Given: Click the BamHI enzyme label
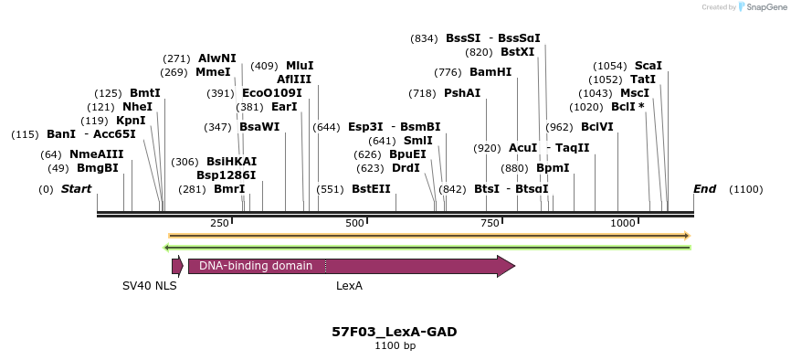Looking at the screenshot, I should pyautogui.click(x=490, y=72).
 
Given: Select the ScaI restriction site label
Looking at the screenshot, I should pyautogui.click(x=648, y=66).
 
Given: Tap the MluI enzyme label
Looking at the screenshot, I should pyautogui.click(x=300, y=66).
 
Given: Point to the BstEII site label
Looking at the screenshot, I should pyautogui.click(x=371, y=189).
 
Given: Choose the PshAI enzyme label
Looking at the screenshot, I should pyautogui.click(x=462, y=93).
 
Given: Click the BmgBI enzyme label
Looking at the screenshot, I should pyautogui.click(x=98, y=168).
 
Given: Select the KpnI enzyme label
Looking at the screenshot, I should pyautogui.click(x=131, y=121).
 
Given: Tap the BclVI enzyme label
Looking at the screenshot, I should pyautogui.click(x=597, y=127).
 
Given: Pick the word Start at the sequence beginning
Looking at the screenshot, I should pyautogui.click(x=77, y=189).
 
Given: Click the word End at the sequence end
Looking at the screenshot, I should pyautogui.click(x=704, y=189).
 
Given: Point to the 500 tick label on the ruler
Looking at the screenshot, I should pyautogui.click(x=354, y=223).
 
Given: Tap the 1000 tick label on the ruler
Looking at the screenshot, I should pyautogui.click(x=623, y=223).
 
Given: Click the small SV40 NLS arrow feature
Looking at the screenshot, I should pyautogui.click(x=177, y=266).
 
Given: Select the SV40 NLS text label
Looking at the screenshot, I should pyautogui.click(x=150, y=286).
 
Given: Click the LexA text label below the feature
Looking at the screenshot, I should pyautogui.click(x=349, y=286).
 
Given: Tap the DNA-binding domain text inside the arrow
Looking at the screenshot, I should pyautogui.click(x=256, y=266).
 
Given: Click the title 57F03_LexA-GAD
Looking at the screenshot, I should pyautogui.click(x=395, y=332).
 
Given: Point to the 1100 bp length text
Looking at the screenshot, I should pyautogui.click(x=395, y=346).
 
